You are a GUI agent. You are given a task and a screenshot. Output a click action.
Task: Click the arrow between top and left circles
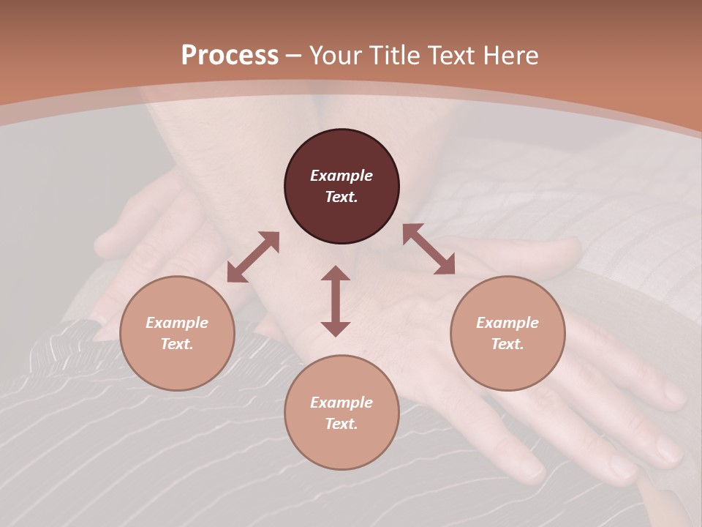click(x=253, y=257)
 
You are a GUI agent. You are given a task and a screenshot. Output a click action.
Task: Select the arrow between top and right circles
click(x=429, y=250)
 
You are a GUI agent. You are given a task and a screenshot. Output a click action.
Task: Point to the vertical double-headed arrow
click(x=336, y=301)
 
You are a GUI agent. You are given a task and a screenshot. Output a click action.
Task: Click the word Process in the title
click(x=230, y=55)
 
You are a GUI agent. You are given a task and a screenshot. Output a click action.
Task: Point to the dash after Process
click(x=294, y=56)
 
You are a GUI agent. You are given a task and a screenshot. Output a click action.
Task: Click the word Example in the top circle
click(x=341, y=176)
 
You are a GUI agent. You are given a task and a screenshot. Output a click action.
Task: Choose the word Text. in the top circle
click(x=341, y=197)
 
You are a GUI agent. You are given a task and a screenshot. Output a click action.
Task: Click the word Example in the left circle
click(x=177, y=323)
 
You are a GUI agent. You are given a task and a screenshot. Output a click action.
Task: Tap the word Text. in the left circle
click(x=177, y=344)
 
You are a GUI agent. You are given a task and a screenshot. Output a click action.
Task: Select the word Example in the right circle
click(x=507, y=323)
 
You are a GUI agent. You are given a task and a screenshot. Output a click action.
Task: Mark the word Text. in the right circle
click(x=507, y=344)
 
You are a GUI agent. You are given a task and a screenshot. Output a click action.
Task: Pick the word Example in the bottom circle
click(x=341, y=403)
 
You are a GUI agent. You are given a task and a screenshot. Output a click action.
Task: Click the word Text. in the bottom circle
click(x=341, y=424)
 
